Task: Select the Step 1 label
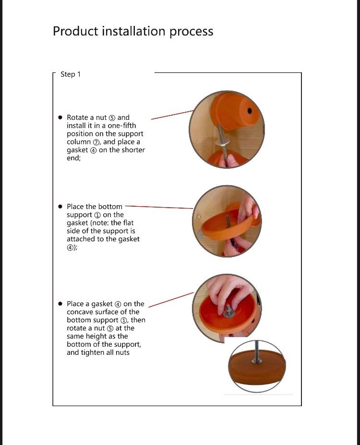tap(71, 74)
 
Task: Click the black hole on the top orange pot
tap(250, 111)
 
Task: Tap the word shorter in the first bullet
tap(133, 150)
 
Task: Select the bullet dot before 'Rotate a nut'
tap(60, 117)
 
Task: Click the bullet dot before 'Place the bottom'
tap(60, 207)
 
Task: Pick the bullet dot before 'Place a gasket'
tap(60, 304)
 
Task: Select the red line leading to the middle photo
tap(158, 207)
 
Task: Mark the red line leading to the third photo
tap(170, 299)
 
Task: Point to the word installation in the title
tap(130, 32)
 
